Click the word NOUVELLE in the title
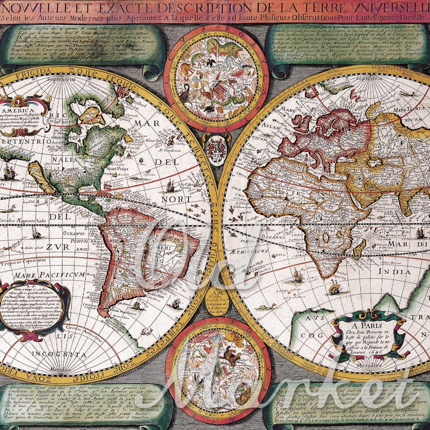coord(31,8)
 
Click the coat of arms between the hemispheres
coord(217,148)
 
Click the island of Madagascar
coord(359,249)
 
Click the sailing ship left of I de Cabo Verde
coord(170,186)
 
